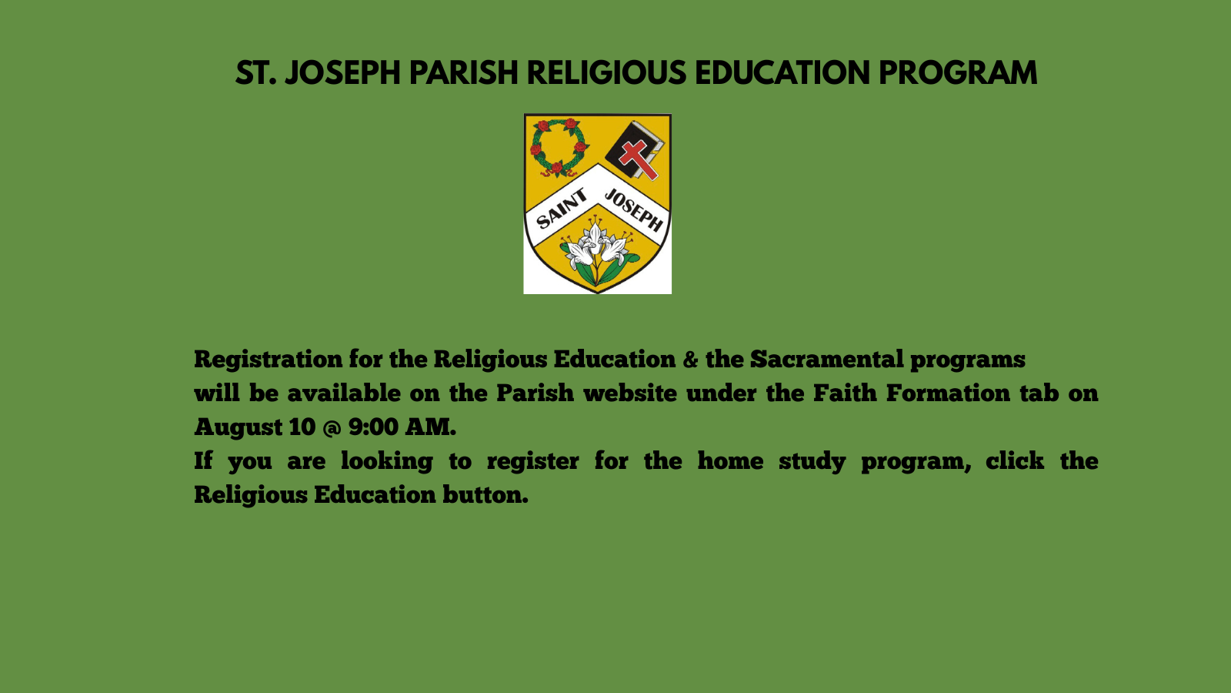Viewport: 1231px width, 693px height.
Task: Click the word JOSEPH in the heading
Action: point(342,73)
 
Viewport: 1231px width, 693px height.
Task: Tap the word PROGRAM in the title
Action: point(958,73)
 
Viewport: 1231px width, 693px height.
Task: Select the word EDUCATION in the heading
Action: point(782,73)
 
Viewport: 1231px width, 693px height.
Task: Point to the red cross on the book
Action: point(639,159)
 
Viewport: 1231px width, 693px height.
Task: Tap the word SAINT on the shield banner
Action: point(562,209)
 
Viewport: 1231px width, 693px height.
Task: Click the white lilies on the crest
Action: point(597,251)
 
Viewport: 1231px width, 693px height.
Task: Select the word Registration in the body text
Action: point(269,360)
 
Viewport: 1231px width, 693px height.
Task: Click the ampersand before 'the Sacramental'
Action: point(690,360)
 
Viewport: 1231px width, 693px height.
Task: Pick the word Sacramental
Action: point(826,359)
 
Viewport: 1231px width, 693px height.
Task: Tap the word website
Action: point(630,393)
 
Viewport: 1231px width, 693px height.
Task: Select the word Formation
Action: point(948,393)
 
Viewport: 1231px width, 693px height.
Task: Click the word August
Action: point(238,427)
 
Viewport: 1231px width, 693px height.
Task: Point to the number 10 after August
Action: point(302,427)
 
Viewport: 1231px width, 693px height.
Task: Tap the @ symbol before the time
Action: point(332,428)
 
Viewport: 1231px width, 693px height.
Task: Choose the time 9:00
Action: point(373,427)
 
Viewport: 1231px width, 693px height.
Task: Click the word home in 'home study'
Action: point(730,461)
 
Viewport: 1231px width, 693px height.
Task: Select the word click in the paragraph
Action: point(1015,461)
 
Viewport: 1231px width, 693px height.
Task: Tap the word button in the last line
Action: point(485,495)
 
